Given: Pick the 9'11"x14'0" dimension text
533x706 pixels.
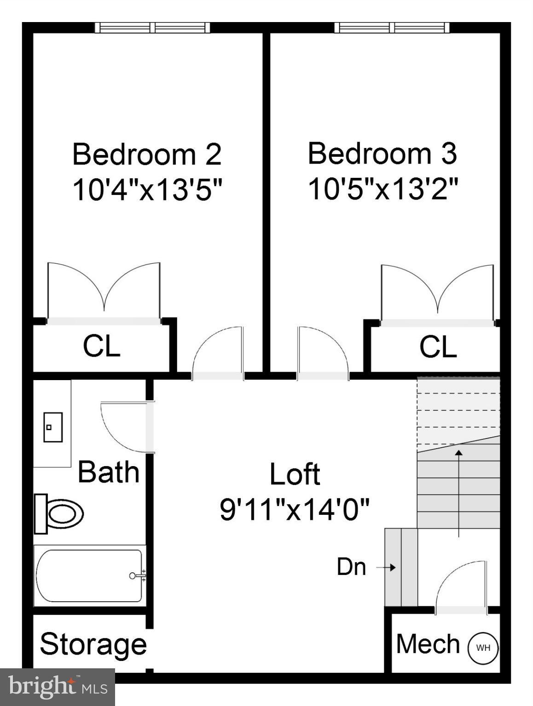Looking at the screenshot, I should pyautogui.click(x=295, y=509).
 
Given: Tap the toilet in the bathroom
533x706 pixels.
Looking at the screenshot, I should pyautogui.click(x=60, y=513).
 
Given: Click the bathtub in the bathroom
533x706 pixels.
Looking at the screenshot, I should pyautogui.click(x=89, y=575).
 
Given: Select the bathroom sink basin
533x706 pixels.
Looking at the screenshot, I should pyautogui.click(x=52, y=427).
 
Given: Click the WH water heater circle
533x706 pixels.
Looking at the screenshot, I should pyautogui.click(x=483, y=648).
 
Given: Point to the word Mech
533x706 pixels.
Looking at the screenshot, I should pyautogui.click(x=428, y=643).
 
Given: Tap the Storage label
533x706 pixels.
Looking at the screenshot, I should pyautogui.click(x=93, y=644).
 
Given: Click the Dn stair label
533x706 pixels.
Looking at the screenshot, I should pyautogui.click(x=351, y=567).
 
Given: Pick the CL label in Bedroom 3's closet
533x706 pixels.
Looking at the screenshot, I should pyautogui.click(x=438, y=347).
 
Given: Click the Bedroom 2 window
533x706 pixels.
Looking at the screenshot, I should pyautogui.click(x=152, y=28).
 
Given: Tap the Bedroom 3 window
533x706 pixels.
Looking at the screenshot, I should pyautogui.click(x=392, y=28).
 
